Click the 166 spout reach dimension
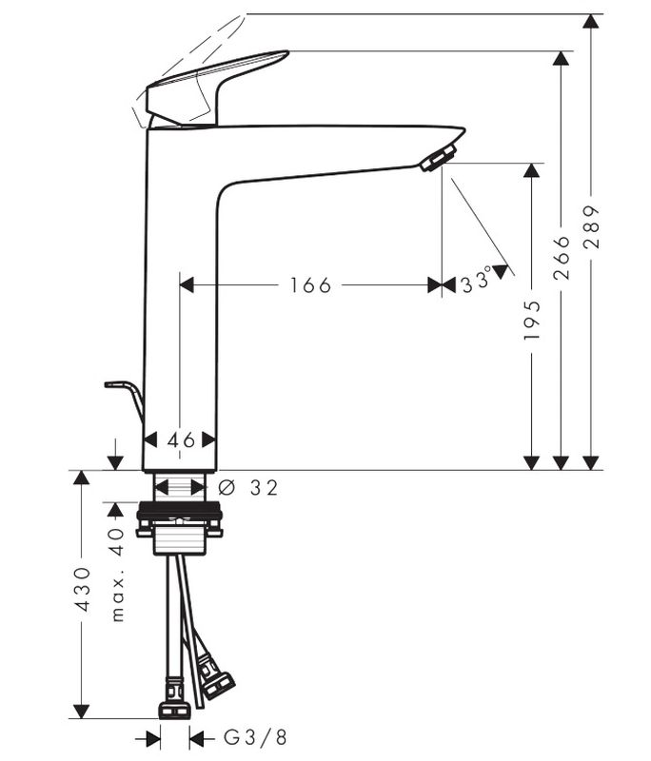(x=311, y=285)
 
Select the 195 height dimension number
(x=532, y=320)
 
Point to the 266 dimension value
(x=562, y=257)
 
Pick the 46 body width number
(x=181, y=439)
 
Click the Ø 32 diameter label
(x=249, y=487)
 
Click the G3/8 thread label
(x=255, y=737)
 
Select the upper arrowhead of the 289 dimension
(x=592, y=23)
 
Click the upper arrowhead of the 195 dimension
(x=532, y=171)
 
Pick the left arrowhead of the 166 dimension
(x=187, y=285)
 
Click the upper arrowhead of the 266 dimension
(x=562, y=59)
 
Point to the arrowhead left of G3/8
(x=153, y=737)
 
